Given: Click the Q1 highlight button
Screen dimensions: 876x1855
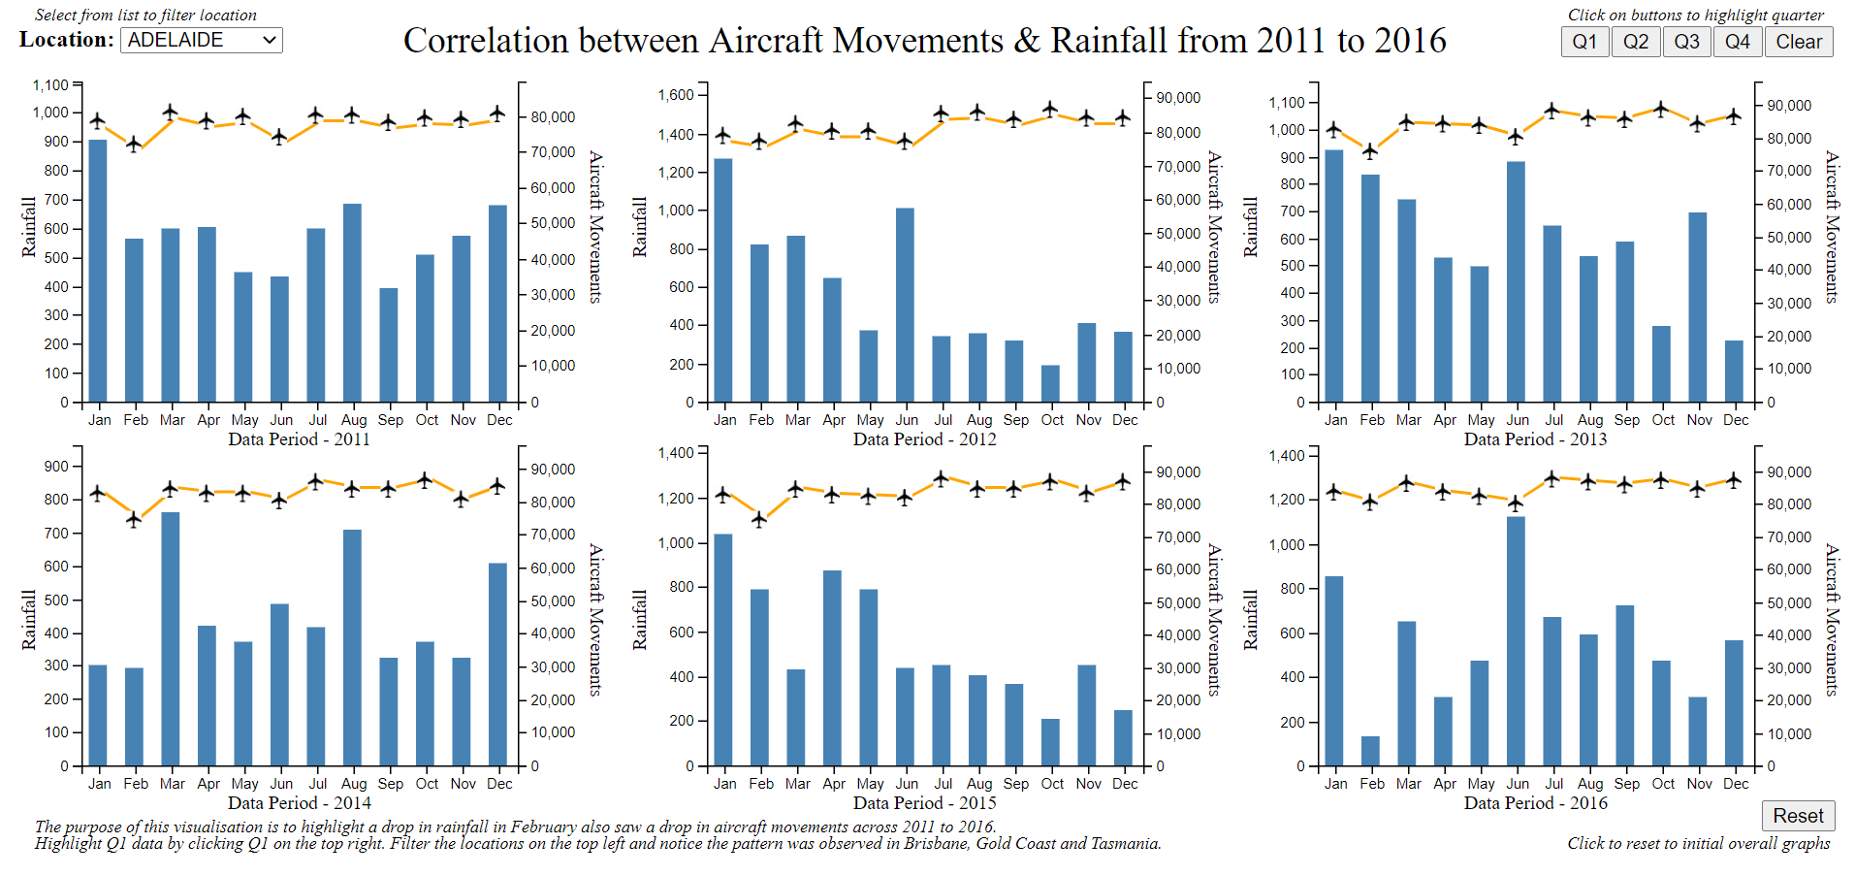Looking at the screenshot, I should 1584,42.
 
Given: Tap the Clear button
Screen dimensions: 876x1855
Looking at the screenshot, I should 1799,42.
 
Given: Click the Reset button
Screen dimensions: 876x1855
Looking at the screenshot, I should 1798,816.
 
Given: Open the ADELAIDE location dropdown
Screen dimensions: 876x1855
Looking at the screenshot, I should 202,40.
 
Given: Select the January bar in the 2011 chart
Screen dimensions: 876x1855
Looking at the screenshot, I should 98,271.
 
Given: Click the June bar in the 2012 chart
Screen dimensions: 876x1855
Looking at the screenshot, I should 905,305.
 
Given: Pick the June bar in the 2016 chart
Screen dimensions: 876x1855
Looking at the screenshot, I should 1516,640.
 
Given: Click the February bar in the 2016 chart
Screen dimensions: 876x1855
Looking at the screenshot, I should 1370,751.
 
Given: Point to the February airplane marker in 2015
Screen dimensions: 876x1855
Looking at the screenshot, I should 759,519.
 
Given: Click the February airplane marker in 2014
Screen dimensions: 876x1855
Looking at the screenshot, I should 134,519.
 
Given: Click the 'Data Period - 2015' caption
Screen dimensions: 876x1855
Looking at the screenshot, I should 924,803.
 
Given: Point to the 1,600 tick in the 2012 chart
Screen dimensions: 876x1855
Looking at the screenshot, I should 676,95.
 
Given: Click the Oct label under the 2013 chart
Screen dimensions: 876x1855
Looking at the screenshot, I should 1663,420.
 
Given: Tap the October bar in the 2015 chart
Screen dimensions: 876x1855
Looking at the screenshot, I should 1050,742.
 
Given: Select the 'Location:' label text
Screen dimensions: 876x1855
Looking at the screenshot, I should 66,40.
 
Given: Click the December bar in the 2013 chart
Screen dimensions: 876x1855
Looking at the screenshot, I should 1734,371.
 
